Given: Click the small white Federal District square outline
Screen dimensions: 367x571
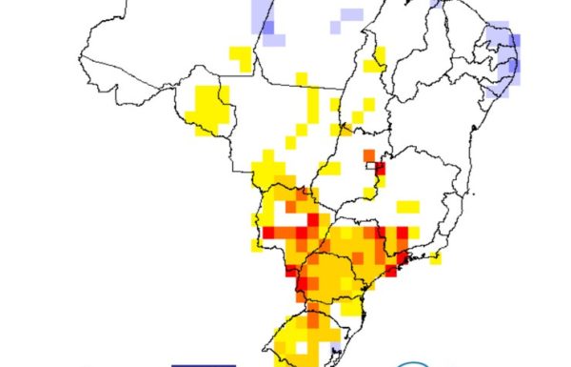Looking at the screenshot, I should [x=370, y=166].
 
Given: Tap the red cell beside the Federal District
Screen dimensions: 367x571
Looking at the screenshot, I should [x=380, y=170].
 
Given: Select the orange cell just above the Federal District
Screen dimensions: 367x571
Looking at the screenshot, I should [x=368, y=154].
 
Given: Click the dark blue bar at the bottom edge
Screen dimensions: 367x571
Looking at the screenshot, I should [x=203, y=364].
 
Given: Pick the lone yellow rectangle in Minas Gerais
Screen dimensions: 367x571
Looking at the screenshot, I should [x=407, y=206].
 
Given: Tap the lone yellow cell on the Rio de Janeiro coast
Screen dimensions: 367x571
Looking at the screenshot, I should [x=436, y=255].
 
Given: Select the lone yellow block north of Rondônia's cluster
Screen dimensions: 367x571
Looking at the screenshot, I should [x=241, y=58].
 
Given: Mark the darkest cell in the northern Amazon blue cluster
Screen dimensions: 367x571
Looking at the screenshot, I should [x=269, y=26].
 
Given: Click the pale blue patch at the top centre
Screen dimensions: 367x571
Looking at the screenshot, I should [x=350, y=15].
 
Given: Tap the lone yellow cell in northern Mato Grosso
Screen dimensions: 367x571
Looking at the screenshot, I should [x=301, y=78].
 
